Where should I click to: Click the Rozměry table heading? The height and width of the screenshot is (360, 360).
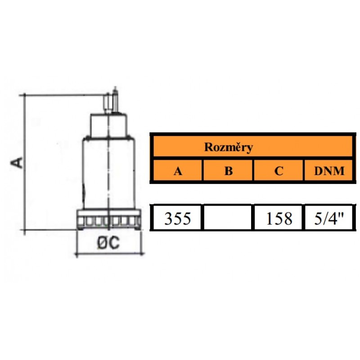point(228,147)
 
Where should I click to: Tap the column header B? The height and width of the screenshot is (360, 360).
point(229,171)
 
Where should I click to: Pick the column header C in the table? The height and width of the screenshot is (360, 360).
point(279,171)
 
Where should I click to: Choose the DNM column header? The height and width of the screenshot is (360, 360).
point(329,171)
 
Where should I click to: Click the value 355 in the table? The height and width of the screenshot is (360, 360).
point(177,218)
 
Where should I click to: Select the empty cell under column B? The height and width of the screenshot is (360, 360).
point(229,218)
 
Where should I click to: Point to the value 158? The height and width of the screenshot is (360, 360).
point(279,218)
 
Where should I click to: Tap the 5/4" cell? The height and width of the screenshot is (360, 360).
point(329,218)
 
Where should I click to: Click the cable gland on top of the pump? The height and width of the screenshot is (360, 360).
point(108,103)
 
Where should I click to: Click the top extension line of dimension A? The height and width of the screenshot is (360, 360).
point(63,95)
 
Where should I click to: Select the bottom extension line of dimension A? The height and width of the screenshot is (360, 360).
point(49,230)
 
